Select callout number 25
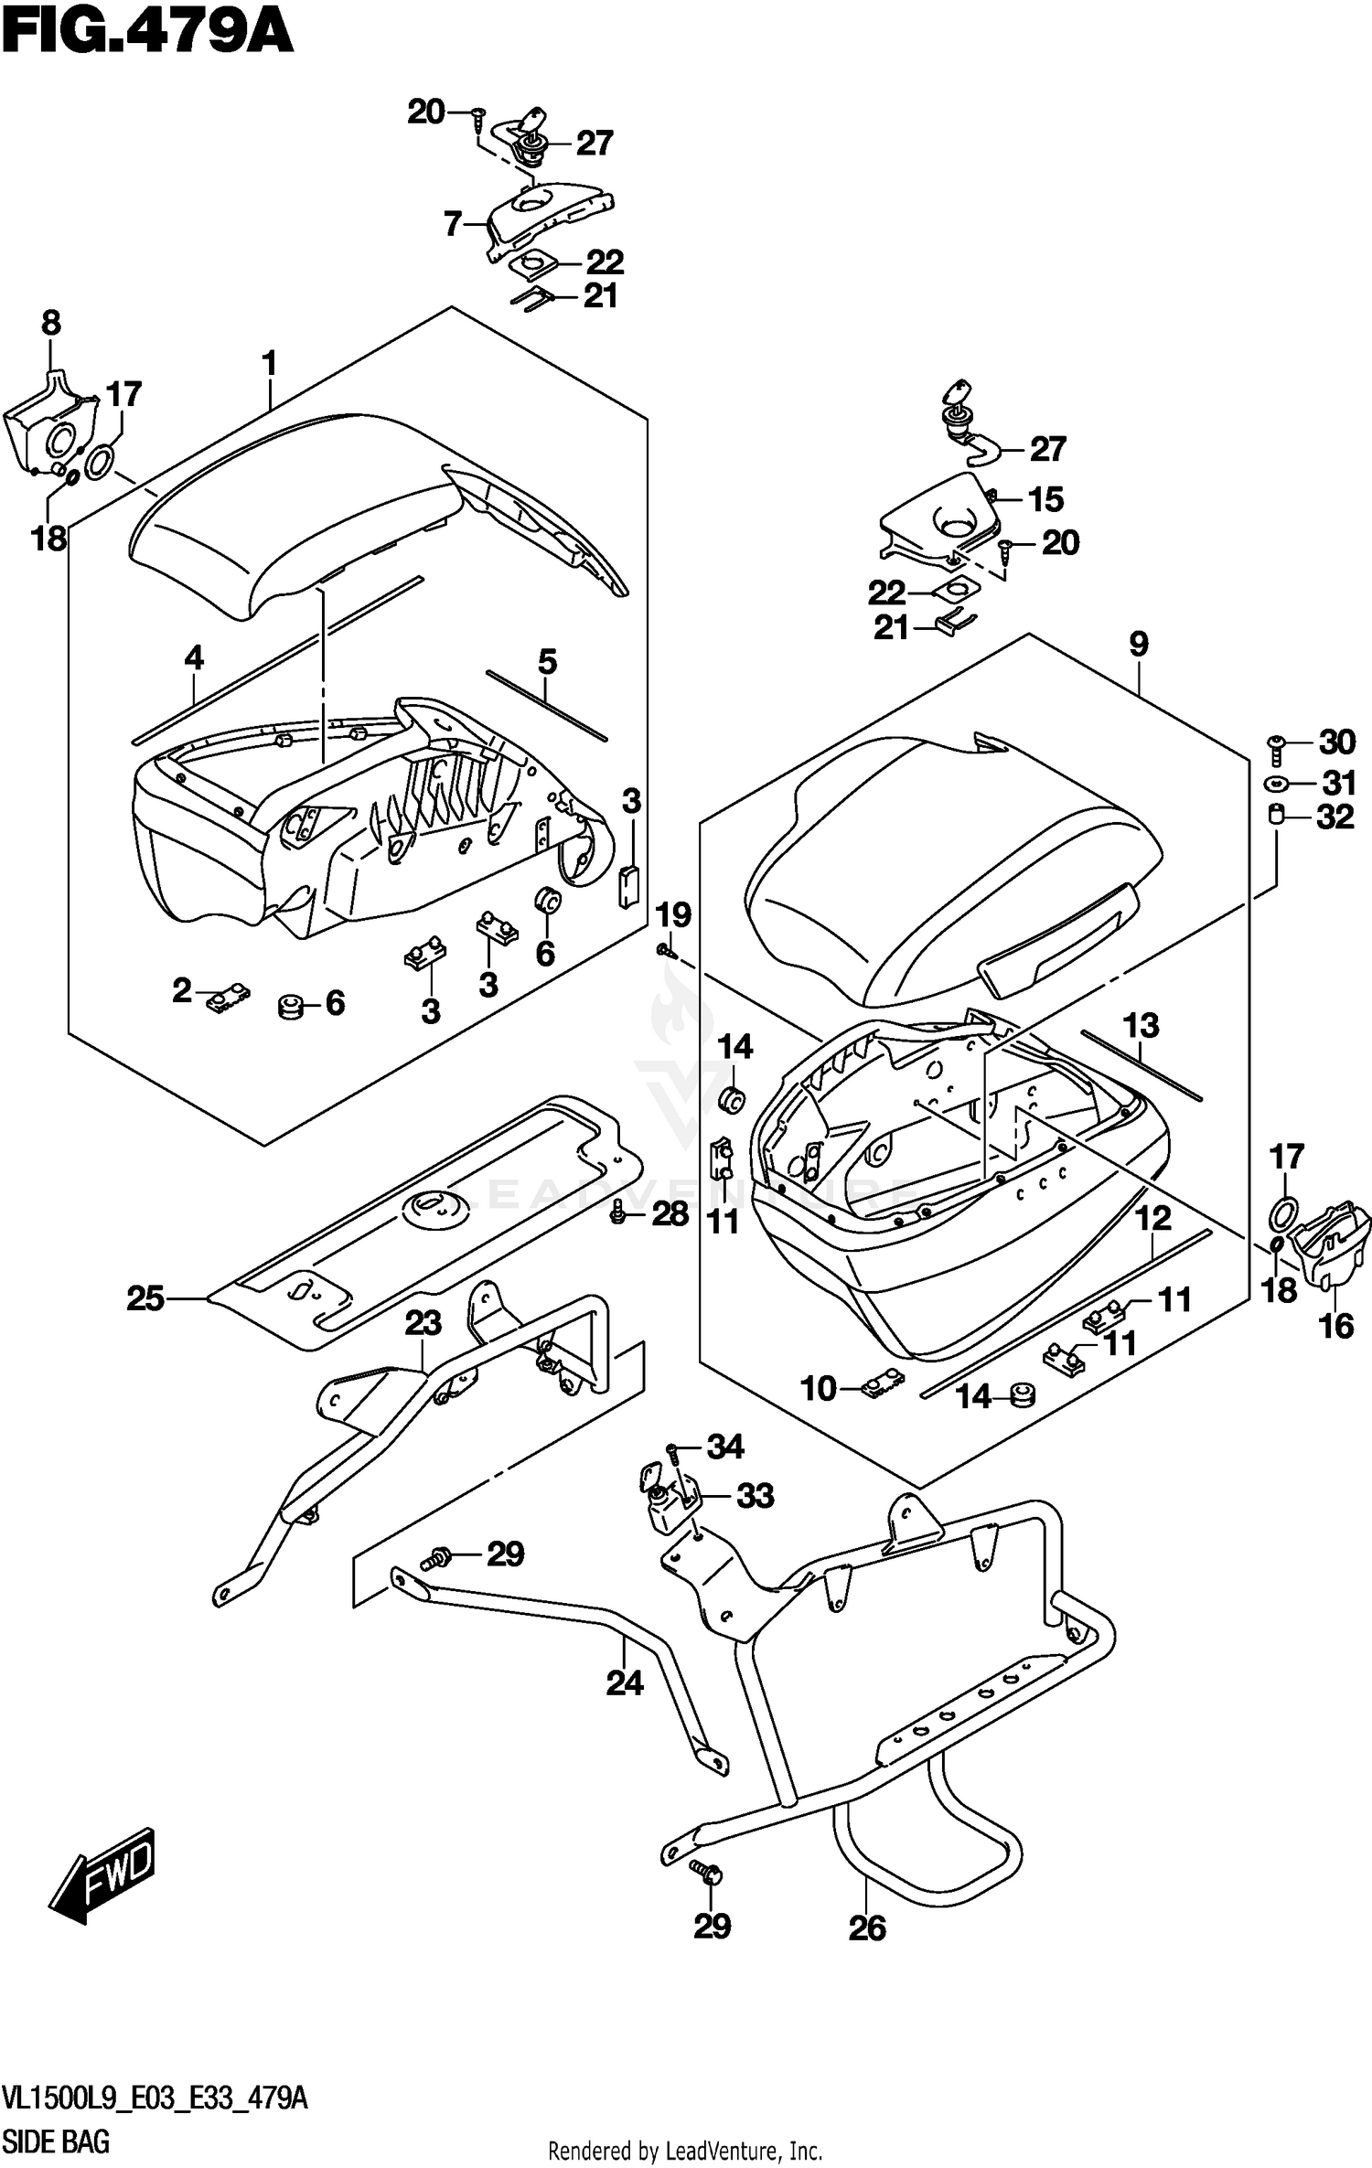pos(145,1298)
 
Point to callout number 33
pos(756,1496)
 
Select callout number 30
pos(1336,742)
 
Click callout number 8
pos(51,322)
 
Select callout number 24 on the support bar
pos(625,1682)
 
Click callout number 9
pos(1138,645)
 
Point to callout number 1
pos(269,364)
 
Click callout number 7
pos(452,223)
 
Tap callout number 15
pos(1045,499)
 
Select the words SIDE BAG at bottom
pos(57,2141)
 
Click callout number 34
pos(725,1446)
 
